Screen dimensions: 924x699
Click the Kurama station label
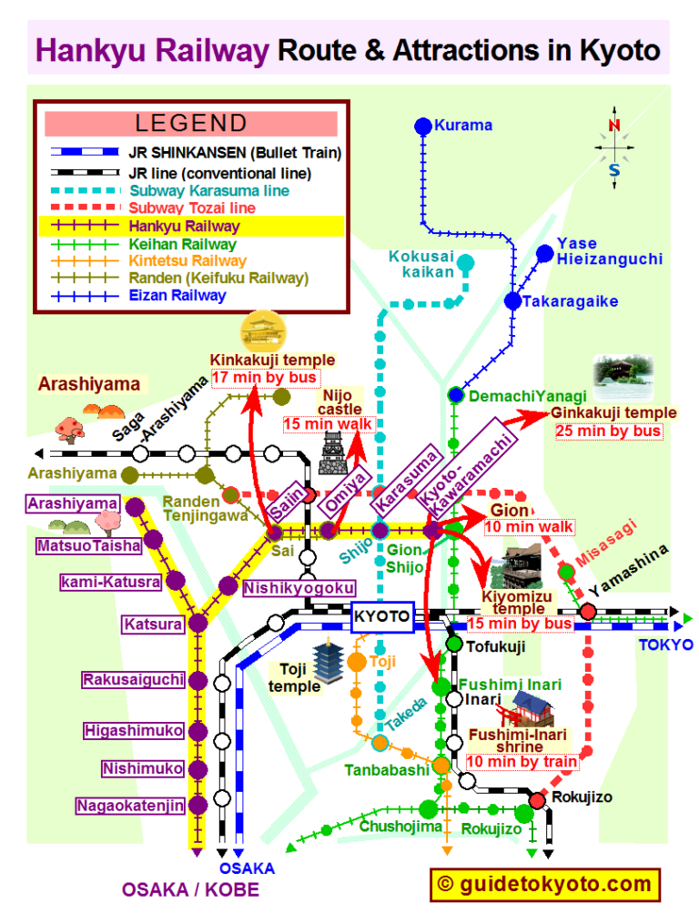463,125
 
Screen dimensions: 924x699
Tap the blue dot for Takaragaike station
513,301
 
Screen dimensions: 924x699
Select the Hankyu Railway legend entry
185,227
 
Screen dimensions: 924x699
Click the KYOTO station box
382,616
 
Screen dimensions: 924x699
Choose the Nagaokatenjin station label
130,806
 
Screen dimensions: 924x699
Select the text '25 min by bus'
609,431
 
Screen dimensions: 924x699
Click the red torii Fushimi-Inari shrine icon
530,708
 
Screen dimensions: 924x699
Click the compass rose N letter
614,126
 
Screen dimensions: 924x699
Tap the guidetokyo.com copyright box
543,884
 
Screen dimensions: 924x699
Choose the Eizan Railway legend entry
177,295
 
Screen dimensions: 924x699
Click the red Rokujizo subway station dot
537,799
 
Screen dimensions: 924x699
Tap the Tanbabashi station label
386,770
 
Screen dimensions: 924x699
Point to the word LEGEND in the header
191,123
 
